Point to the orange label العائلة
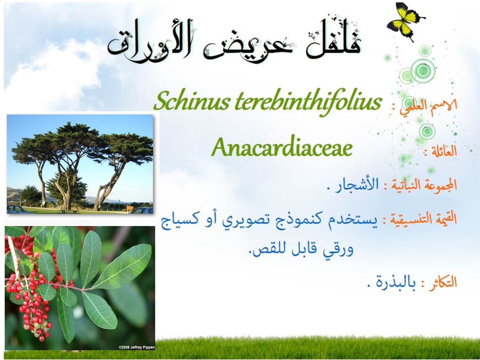[440, 151]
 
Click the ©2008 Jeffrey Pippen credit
[136, 347]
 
